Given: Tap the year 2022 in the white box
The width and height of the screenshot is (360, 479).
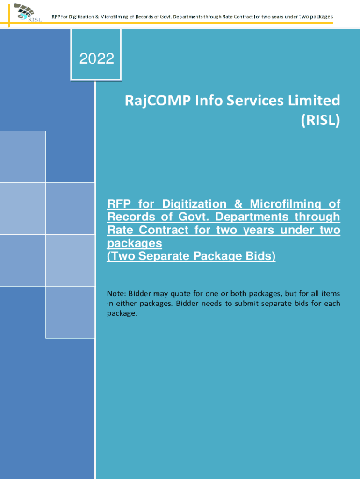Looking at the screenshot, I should (97, 58).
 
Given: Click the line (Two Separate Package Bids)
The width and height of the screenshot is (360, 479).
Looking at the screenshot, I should (191, 256).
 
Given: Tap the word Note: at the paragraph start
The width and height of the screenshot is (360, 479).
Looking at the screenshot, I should (117, 294).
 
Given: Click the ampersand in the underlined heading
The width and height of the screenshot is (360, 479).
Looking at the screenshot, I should (240, 204).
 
